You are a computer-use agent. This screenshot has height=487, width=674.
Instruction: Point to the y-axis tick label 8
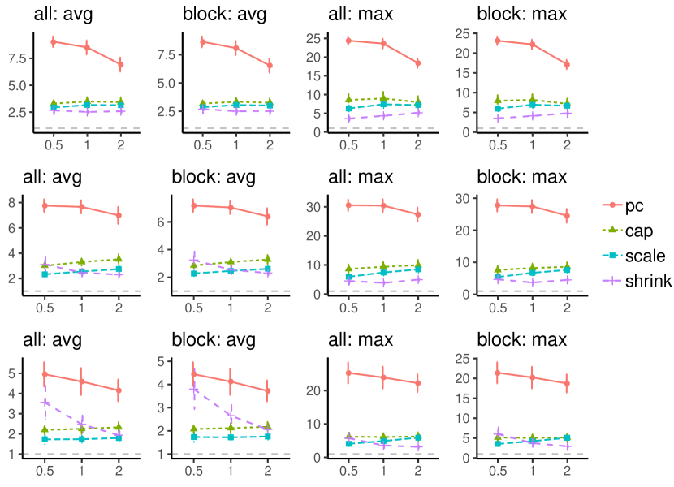pyautogui.click(x=24, y=202)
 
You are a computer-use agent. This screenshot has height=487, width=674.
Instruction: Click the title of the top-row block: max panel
pyautogui.click(x=521, y=14)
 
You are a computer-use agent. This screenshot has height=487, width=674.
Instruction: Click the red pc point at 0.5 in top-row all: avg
pyautogui.click(x=53, y=41)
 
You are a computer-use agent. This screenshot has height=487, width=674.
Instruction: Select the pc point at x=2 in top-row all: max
pyautogui.click(x=417, y=62)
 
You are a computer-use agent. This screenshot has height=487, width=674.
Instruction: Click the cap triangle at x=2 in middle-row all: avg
pyautogui.click(x=119, y=260)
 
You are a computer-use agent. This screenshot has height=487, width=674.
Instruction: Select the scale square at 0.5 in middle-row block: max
pyautogui.click(x=499, y=277)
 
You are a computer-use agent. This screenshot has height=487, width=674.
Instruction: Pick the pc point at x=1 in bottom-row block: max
pyautogui.click(x=533, y=377)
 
